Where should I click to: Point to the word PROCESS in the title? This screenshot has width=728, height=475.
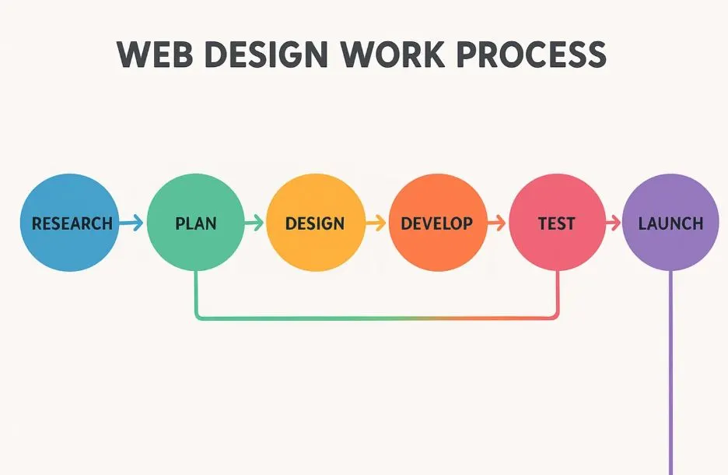coord(531,55)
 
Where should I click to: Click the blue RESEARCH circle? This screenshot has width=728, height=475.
coord(70,223)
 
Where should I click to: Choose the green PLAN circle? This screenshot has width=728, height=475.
coord(195,223)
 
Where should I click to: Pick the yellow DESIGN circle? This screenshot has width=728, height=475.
coord(316,223)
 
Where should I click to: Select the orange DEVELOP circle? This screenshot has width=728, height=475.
coord(438,223)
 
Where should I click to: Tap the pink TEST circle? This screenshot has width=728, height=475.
coord(558,223)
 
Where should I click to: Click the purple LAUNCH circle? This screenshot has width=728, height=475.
coord(670,223)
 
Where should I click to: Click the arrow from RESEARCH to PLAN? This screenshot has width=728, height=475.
coord(131,223)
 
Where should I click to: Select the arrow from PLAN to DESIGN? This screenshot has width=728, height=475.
coord(254,223)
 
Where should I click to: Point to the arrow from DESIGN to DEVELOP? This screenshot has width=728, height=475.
coord(376,223)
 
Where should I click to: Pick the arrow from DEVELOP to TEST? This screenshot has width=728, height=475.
coord(496,223)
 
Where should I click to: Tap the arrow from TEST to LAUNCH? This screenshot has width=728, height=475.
coord(614,223)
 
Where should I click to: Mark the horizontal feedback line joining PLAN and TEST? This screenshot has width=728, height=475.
coord(376,318)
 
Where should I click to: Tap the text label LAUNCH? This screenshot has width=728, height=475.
coord(670,223)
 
